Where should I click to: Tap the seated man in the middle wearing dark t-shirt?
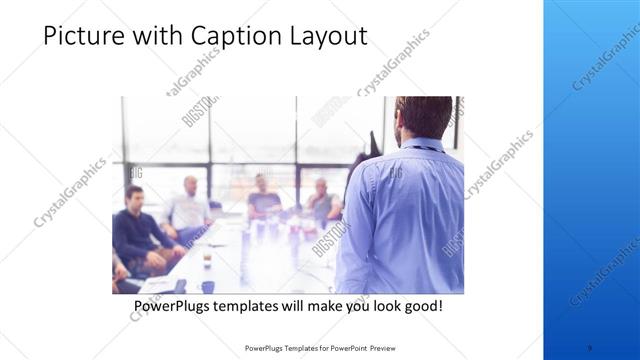point(263,196)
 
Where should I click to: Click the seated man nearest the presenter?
point(322,200)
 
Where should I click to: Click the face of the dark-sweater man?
point(134,197)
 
